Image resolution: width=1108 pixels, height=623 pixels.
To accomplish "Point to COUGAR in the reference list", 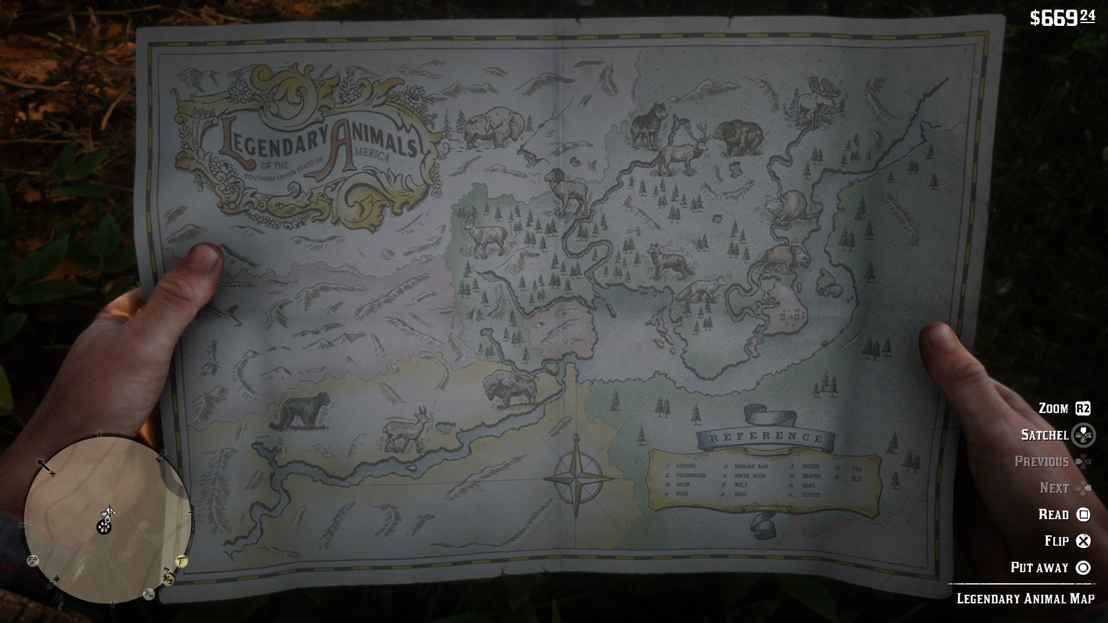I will (x=687, y=466).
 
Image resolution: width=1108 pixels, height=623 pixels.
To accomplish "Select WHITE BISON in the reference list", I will (x=750, y=476).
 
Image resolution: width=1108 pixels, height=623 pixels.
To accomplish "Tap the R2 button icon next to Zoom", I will (x=1083, y=409).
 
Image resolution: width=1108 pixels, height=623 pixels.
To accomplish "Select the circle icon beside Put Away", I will (x=1084, y=568).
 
